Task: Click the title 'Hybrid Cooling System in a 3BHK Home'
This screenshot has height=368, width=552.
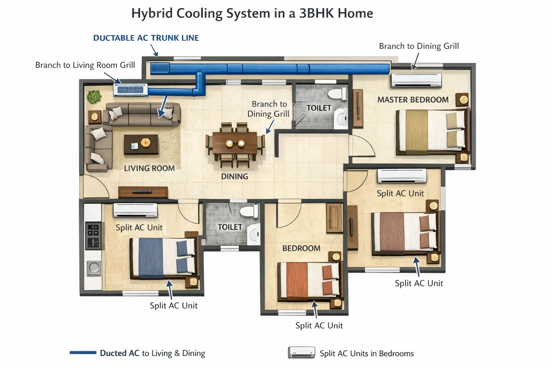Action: point(252,14)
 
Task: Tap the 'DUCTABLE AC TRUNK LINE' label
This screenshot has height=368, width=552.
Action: point(146,38)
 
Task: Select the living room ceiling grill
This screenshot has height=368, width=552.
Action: point(130,90)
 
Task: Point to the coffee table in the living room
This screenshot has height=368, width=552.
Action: point(141,144)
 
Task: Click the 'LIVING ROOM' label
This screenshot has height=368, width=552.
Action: point(149,168)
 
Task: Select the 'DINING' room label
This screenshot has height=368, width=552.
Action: point(234,176)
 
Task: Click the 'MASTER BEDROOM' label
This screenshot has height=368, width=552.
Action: point(413,100)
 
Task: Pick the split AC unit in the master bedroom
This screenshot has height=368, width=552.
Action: point(416,80)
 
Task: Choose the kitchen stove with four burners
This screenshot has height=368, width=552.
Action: point(93,236)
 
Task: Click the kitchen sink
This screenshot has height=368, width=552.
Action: point(94,268)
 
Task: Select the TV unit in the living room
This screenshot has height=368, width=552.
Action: point(143,192)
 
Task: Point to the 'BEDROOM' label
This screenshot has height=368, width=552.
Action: point(301,248)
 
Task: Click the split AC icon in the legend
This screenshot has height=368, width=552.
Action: point(301,353)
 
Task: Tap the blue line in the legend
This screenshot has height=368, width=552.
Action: point(83,353)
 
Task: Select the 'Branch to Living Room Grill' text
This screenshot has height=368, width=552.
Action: point(85,65)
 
